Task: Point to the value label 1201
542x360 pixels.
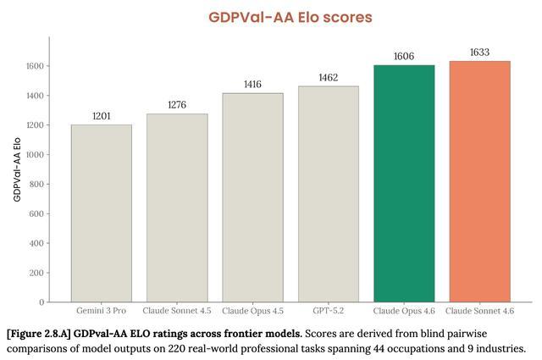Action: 102,116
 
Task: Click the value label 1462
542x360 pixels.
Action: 328,78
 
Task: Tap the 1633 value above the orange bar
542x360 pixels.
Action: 479,53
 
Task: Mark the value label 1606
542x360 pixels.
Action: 404,57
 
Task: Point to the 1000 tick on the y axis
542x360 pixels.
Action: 35,154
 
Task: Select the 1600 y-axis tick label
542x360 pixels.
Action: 35,66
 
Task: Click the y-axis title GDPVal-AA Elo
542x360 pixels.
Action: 17,169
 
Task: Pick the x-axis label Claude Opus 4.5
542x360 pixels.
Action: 252,311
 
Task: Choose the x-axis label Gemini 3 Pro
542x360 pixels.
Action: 102,311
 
